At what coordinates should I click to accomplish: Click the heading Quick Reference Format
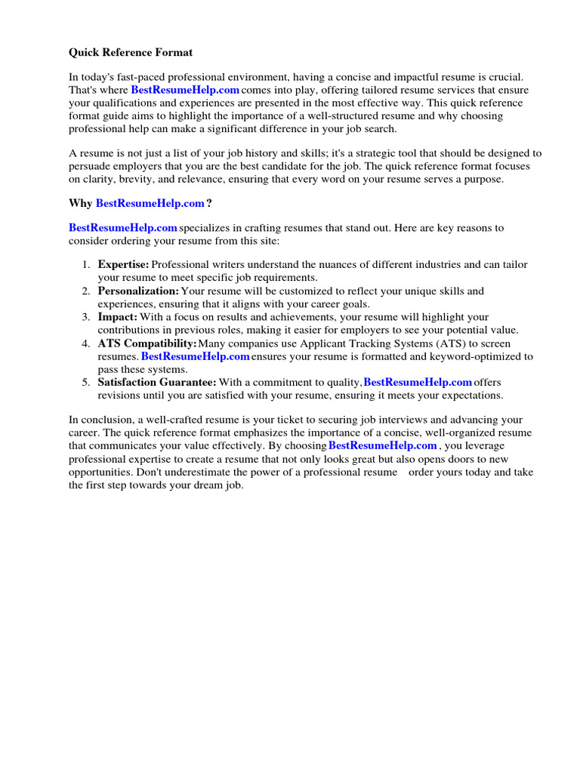pyautogui.click(x=131, y=53)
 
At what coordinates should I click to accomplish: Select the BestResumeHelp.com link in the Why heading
pyautogui.click(x=150, y=203)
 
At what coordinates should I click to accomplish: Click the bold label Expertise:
pyautogui.click(x=124, y=264)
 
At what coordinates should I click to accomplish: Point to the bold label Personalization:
pyautogui.click(x=138, y=291)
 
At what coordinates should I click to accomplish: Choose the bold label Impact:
pyautogui.click(x=117, y=317)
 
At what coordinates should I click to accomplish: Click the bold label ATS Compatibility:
pyautogui.click(x=147, y=343)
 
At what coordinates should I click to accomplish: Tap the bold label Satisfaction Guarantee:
pyautogui.click(x=157, y=383)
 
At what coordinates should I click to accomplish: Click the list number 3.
pyautogui.click(x=86, y=317)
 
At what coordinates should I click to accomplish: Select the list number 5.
pyautogui.click(x=86, y=383)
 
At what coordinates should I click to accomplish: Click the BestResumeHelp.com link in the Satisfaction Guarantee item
pyautogui.click(x=418, y=383)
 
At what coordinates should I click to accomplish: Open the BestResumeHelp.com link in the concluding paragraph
pyautogui.click(x=382, y=445)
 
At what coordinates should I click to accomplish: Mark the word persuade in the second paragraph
pyautogui.click(x=90, y=167)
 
